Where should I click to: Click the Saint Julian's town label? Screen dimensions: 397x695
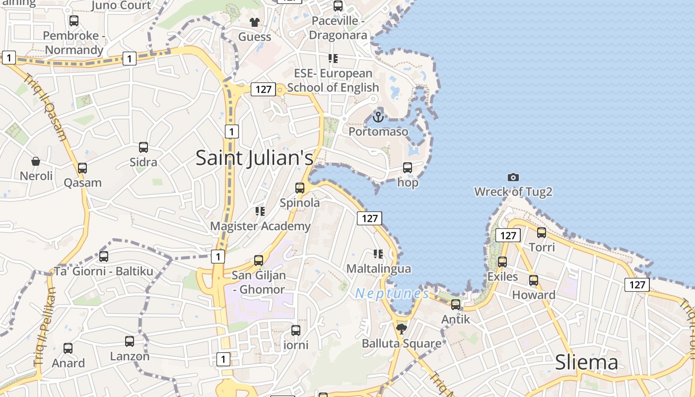coord(254,158)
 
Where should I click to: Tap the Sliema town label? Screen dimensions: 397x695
coord(586,362)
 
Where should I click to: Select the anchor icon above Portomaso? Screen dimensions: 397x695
coord(378,117)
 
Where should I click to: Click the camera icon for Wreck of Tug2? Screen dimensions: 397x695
coord(513,177)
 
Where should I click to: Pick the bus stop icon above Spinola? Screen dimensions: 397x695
coord(300,188)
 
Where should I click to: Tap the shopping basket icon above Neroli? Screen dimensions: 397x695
coord(36,161)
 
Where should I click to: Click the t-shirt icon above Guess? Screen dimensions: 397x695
coord(255,22)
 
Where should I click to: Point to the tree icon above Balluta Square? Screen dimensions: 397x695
coord(401,329)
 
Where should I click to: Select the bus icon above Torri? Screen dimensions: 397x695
coord(542,232)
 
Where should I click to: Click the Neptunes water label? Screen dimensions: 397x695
coord(392,293)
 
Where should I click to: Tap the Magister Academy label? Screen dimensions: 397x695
coord(260,226)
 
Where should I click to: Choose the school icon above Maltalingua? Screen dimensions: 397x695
coord(378,254)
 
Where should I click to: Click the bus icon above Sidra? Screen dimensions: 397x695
coord(143,147)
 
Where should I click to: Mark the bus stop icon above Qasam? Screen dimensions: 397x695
coord(82,168)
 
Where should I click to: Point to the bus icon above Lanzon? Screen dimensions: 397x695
coord(130,341)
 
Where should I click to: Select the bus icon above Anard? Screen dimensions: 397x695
coord(68,348)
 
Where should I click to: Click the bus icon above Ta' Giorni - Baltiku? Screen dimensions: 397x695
coord(104,257)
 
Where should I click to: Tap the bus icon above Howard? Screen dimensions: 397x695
coord(534,280)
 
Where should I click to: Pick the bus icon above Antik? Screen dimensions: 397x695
coord(456,305)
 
